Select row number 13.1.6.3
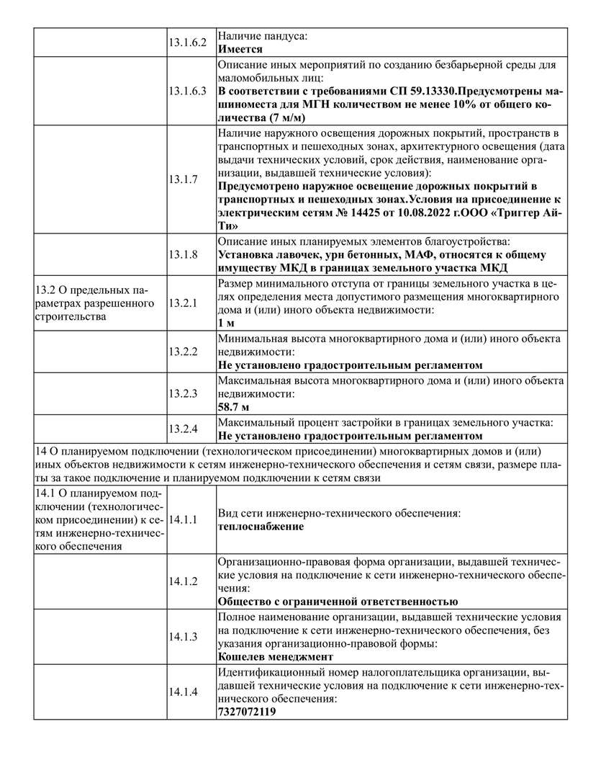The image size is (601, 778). [188, 91]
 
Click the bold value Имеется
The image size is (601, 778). [240, 50]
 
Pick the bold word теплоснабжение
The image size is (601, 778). [260, 527]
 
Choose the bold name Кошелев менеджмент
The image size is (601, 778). [275, 657]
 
